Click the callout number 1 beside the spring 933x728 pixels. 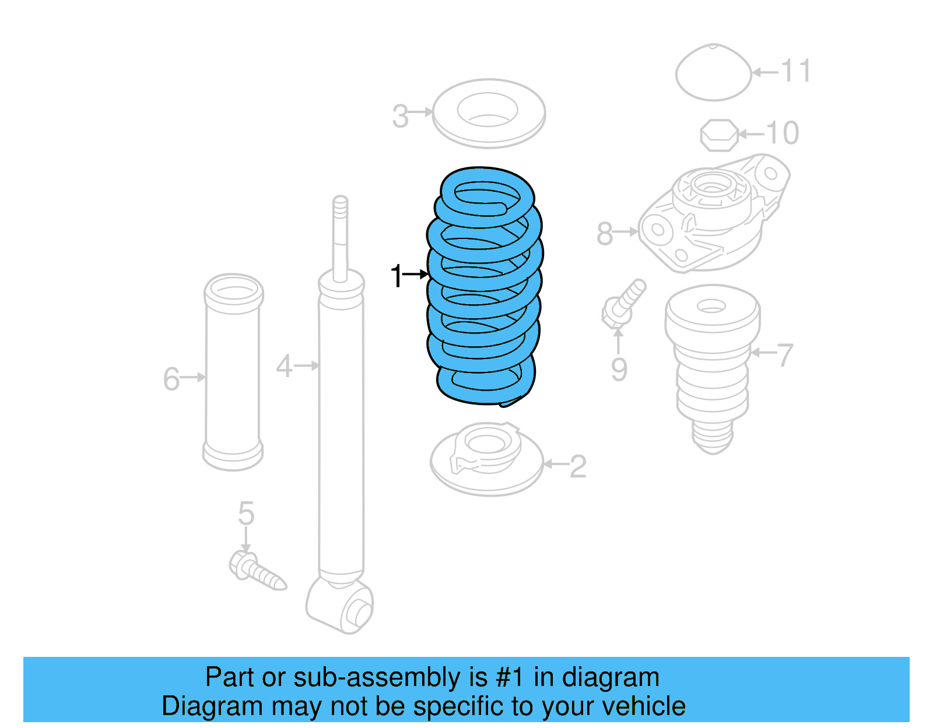[x=397, y=275]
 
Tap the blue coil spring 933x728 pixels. [x=484, y=286]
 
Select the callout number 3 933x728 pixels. [x=400, y=116]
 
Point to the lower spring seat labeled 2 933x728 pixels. [x=486, y=460]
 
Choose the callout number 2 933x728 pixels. [x=577, y=466]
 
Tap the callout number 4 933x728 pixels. [x=284, y=367]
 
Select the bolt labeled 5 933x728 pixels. [x=257, y=571]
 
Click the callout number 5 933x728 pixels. [x=246, y=514]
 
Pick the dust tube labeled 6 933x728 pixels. [x=233, y=373]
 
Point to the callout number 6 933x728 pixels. [x=171, y=379]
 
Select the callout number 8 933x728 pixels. [x=605, y=234]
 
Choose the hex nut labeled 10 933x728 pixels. [x=719, y=135]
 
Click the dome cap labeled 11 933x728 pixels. [x=713, y=73]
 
